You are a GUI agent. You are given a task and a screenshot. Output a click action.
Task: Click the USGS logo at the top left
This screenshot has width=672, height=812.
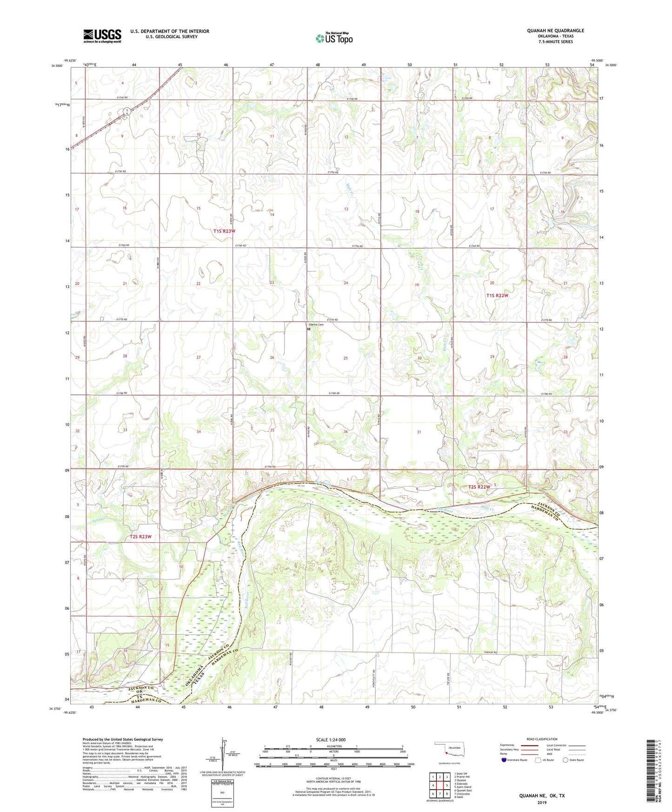tap(102, 35)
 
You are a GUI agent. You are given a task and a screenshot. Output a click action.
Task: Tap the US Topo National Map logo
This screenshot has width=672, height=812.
tap(334, 38)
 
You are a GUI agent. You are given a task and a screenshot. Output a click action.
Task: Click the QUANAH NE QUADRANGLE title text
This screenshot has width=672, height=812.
tap(555, 31)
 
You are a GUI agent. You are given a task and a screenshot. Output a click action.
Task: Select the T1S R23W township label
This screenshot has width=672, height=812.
tap(225, 231)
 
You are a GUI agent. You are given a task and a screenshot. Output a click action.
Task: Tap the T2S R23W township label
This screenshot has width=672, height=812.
tap(141, 537)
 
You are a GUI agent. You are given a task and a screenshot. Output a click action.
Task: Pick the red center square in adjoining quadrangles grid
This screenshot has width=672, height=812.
tap(439, 785)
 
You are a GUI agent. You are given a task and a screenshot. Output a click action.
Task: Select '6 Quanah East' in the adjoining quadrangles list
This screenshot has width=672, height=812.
tap(463, 790)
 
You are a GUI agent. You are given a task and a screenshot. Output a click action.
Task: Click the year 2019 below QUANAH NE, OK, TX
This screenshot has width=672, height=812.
tap(542, 803)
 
